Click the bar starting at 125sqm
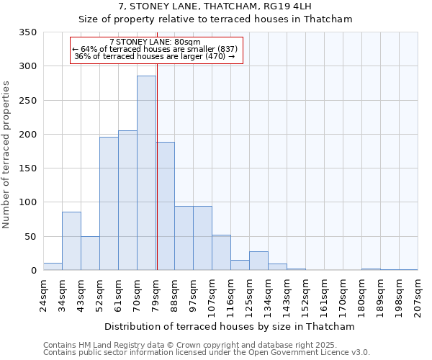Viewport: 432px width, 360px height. point(258,261)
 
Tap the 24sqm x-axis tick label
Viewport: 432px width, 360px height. point(44,294)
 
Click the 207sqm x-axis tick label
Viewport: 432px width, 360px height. point(418,294)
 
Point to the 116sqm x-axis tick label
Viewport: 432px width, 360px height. point(231,294)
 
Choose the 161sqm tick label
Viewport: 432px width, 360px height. point(325,294)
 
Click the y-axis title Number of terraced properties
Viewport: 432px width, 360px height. point(8,155)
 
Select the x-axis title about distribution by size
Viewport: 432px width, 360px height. point(229,326)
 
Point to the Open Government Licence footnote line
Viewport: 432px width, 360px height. point(207,353)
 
